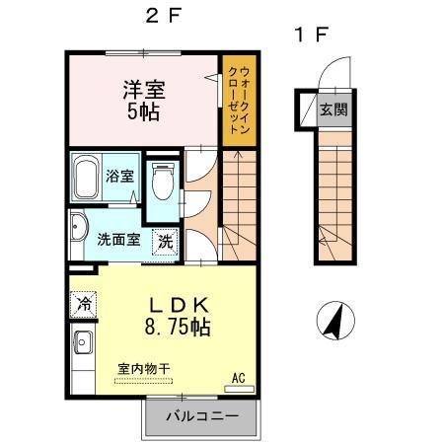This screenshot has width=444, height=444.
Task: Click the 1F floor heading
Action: tap(310, 36)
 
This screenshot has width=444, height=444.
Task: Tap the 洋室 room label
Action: tap(144, 89)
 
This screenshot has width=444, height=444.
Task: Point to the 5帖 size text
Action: tap(144, 111)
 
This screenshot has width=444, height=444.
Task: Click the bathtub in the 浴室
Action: tap(87, 177)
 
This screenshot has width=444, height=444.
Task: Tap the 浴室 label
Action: tap(121, 177)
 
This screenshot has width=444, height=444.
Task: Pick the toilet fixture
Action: tap(164, 183)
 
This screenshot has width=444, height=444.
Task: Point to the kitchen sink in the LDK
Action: tap(81, 344)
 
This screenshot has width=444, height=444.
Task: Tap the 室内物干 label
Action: tap(144, 368)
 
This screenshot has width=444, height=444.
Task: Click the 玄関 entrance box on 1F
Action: tap(332, 110)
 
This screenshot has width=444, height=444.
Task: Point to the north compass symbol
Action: tap(335, 322)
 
